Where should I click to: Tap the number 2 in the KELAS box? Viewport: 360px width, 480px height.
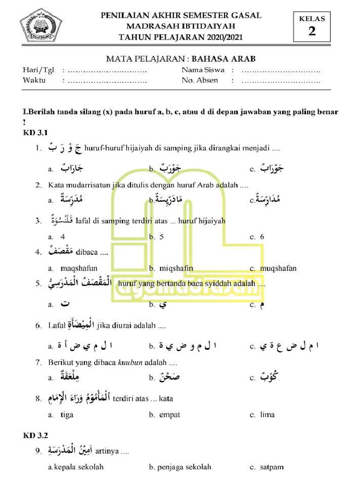(312, 31)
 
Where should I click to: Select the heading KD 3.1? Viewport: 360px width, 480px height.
(36, 134)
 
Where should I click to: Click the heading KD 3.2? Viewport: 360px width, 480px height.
(36, 436)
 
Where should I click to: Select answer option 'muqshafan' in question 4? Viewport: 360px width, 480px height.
(280, 269)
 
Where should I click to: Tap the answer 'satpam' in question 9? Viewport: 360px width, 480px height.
(272, 467)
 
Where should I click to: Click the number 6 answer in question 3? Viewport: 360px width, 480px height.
(262, 237)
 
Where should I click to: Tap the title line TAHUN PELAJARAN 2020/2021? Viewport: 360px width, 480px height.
(181, 37)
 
